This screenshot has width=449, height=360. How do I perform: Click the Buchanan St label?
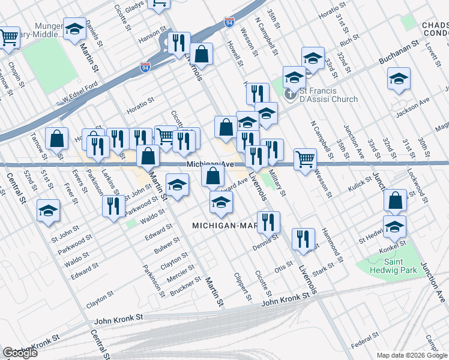(x=397, y=55)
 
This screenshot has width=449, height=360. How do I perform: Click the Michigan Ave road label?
(x=209, y=164)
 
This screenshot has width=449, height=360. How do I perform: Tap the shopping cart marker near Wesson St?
(x=306, y=158)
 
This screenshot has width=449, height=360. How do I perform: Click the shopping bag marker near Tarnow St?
(x=56, y=139)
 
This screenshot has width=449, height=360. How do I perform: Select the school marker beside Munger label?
(x=74, y=29)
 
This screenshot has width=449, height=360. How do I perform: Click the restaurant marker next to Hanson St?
(x=178, y=42)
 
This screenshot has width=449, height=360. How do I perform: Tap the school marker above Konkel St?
(x=394, y=226)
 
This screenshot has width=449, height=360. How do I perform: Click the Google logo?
(x=20, y=353)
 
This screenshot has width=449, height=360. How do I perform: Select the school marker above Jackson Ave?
(x=399, y=79)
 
